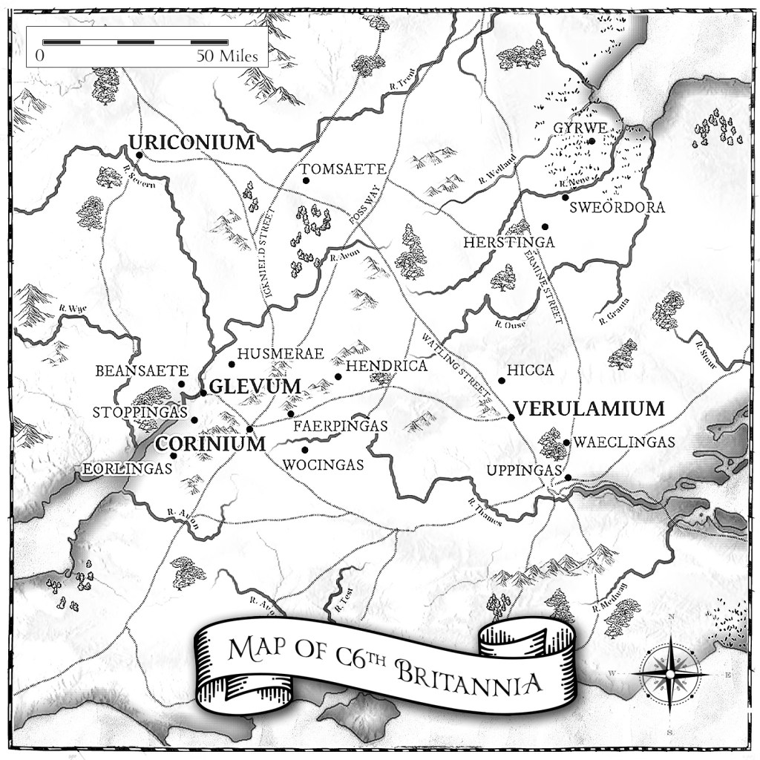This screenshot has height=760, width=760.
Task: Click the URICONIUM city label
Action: (x=191, y=142)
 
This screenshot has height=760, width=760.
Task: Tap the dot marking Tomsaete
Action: (x=305, y=180)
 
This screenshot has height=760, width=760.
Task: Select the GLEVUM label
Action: (x=255, y=386)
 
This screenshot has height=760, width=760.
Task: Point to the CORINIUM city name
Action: (x=209, y=444)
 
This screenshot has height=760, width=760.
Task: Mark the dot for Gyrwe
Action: (x=592, y=141)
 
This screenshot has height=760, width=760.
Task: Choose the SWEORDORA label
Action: (x=617, y=208)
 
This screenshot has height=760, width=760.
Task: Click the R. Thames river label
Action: (x=485, y=512)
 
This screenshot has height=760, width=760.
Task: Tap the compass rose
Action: (x=670, y=673)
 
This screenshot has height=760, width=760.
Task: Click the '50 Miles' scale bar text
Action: (x=227, y=56)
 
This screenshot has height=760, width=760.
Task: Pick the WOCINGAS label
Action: (x=324, y=465)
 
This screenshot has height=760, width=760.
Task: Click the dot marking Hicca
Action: (x=502, y=381)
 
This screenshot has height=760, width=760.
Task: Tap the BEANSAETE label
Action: (x=142, y=370)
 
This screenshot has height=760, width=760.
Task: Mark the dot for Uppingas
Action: (x=568, y=477)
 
